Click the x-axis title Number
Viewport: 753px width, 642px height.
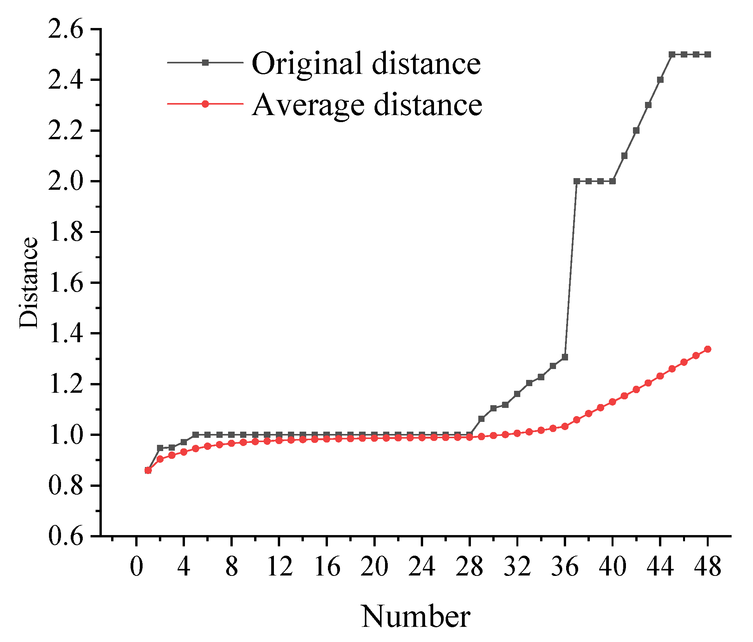(415, 617)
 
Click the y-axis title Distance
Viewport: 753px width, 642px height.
(30, 283)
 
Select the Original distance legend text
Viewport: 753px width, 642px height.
(366, 63)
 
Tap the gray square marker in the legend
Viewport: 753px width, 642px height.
(205, 63)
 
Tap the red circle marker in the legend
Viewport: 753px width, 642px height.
(205, 104)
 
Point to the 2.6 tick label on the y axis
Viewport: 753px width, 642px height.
(66, 30)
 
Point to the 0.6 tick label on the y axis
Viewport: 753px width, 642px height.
(66, 537)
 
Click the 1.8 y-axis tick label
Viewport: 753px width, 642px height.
(66, 233)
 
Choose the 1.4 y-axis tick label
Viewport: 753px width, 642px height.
(66, 334)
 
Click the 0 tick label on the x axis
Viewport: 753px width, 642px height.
(136, 567)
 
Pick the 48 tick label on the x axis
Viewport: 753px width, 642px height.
(708, 567)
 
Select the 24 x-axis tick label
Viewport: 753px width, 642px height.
(422, 567)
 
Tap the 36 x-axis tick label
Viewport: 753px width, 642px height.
(565, 567)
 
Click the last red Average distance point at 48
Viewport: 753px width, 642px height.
(708, 349)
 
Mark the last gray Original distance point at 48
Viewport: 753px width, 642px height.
(708, 54)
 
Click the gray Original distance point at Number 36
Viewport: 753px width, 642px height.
(565, 357)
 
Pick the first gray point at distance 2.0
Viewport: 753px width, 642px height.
(577, 181)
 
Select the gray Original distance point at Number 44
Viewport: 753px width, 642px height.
(660, 80)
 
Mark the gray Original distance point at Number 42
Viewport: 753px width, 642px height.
(636, 131)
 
